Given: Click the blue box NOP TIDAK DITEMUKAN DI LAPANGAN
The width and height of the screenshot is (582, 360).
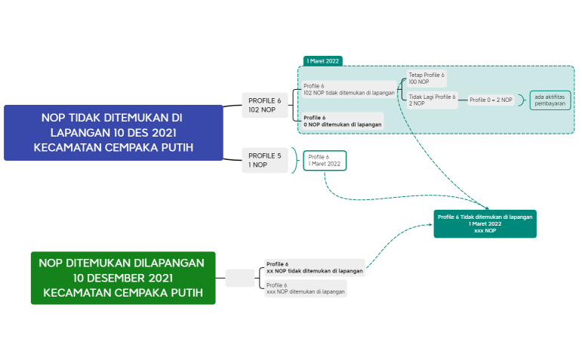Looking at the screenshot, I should click(113, 132).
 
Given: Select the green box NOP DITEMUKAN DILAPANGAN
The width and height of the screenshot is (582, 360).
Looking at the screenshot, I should click(122, 277).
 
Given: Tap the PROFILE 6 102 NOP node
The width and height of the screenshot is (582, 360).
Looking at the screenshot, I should click(264, 105).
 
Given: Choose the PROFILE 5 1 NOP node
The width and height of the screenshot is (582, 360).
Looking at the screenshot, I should click(264, 160).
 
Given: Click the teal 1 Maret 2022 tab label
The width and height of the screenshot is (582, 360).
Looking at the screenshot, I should click(323, 60).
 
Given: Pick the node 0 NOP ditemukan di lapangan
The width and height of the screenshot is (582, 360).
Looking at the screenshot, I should click(341, 121).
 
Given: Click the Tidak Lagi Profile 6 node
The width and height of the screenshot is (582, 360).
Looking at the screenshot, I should click(433, 100).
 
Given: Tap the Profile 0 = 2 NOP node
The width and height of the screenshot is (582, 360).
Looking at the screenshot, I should click(491, 100).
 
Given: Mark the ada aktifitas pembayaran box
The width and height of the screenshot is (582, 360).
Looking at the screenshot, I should click(549, 100).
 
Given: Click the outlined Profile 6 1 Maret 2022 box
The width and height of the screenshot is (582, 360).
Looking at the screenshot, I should click(325, 160).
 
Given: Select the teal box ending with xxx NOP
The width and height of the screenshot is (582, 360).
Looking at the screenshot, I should click(485, 223).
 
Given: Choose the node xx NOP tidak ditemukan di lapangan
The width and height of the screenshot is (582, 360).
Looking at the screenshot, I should click(314, 267).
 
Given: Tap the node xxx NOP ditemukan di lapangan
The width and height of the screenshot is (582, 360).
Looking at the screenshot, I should click(305, 288).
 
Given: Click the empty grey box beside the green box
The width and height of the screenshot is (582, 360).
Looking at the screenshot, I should click(240, 278).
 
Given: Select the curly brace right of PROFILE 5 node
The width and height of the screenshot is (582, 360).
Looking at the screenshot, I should click(295, 160).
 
